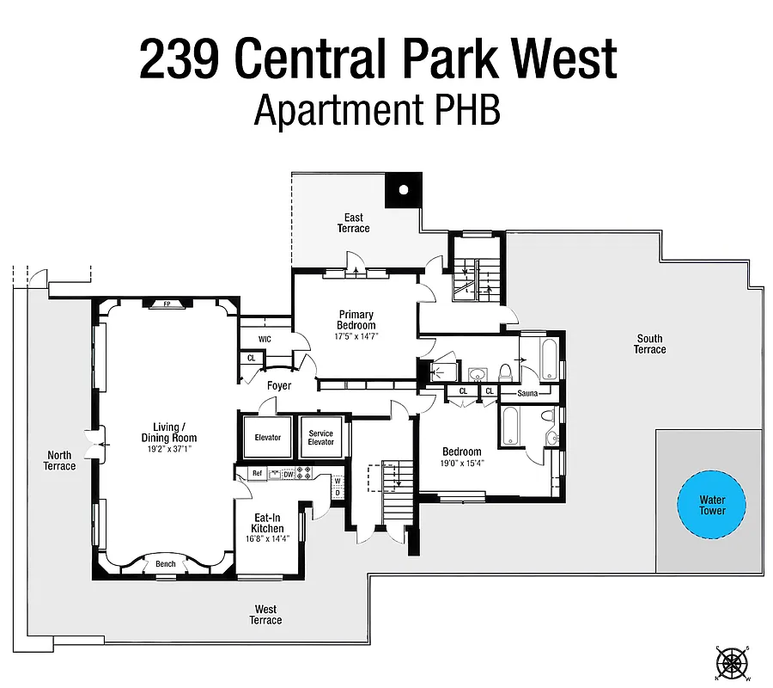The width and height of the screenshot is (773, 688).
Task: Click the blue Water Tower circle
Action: point(711,505)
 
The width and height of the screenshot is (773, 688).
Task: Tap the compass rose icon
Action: point(733,662)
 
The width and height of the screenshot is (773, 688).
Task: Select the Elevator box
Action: point(267,438)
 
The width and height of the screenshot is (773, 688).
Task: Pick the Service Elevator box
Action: point(320,438)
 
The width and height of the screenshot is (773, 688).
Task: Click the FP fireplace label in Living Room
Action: point(167,304)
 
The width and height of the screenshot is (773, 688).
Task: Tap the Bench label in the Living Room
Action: point(166,564)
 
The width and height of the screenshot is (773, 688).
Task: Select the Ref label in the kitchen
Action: point(255,474)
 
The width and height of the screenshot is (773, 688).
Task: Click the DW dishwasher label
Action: point(289,474)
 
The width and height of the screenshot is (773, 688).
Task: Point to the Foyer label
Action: point(278,386)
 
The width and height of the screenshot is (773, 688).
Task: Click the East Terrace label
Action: point(353,223)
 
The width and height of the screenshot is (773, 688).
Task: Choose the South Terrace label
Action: point(649,344)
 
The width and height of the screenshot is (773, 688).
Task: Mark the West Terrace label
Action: point(265,615)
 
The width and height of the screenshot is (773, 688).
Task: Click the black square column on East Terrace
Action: point(401,190)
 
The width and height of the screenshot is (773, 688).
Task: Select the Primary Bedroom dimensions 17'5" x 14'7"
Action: point(356,336)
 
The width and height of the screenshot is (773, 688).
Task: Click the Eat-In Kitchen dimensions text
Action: point(267,539)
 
